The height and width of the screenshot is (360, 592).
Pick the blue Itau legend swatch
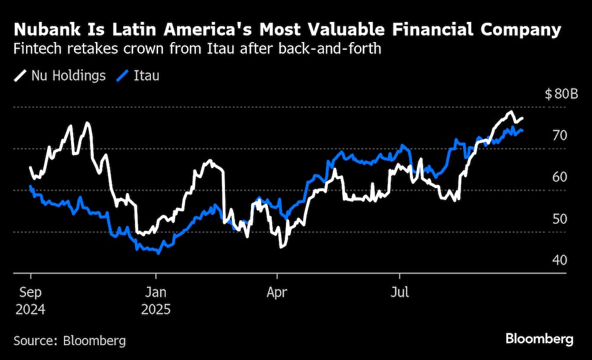coord(124,76)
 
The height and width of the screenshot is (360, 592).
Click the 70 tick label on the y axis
coord(559,136)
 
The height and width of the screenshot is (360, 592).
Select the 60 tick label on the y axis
coord(559,177)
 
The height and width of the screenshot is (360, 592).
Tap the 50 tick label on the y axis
coord(559,218)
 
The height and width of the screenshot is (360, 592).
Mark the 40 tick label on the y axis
coord(559,260)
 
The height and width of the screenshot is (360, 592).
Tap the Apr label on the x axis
coord(278,291)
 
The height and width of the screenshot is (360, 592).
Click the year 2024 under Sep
coord(30,308)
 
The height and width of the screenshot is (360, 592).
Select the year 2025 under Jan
coord(156,308)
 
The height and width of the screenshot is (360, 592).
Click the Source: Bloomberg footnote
coord(70,340)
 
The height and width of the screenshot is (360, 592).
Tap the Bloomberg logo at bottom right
coord(539,339)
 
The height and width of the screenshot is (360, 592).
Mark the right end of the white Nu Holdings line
coord(522,118)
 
